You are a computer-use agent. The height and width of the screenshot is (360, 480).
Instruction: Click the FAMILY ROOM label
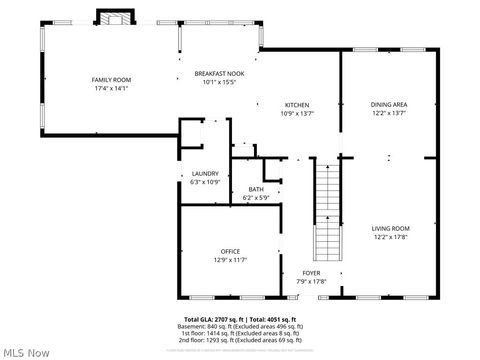tap(111, 80)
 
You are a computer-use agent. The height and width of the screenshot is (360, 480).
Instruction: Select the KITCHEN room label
tap(296, 105)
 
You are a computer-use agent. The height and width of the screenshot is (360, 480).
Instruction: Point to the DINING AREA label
tap(389, 105)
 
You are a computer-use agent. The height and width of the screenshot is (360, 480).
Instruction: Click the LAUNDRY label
tap(204, 174)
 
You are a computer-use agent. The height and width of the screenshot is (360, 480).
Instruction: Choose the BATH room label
tap(256, 189)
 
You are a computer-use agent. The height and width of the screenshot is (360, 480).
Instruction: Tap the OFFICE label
tap(230, 251)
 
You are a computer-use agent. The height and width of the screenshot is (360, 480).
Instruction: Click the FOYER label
tap(311, 272)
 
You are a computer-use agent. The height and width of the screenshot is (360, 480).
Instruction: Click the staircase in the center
tap(327, 210)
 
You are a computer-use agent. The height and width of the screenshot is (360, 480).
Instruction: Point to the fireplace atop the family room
tap(113, 17)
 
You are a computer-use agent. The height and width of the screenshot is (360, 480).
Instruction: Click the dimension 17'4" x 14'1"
tap(111, 89)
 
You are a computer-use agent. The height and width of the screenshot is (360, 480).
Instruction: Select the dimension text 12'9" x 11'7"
tap(230, 260)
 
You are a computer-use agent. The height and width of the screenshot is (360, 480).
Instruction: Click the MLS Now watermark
tap(26, 352)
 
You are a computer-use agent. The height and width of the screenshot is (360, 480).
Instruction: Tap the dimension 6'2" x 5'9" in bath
tap(256, 198)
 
